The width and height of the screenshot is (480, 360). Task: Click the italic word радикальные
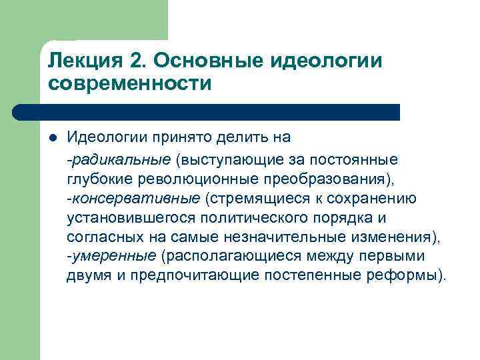click(121, 160)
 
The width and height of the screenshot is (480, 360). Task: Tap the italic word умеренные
click(113, 257)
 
